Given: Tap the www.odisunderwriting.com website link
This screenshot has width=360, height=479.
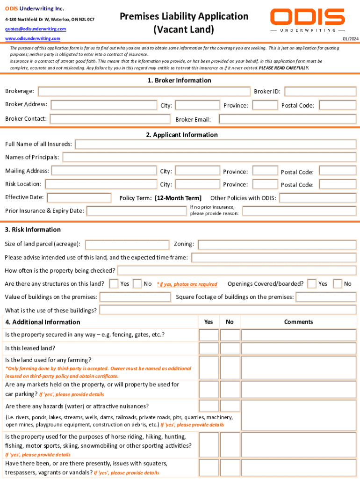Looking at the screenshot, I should coord(32,38).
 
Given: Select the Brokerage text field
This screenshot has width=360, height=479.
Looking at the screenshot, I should coord(144,92).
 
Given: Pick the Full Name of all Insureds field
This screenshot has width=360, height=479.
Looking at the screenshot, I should coord(216,144).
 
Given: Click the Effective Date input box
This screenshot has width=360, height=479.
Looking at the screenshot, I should coord(79,198).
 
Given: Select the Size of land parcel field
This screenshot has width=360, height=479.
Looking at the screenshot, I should coord(127,244).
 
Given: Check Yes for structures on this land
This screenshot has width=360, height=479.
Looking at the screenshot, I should coord(114,283).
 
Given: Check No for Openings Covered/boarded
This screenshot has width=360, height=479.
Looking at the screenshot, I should coord(337,283).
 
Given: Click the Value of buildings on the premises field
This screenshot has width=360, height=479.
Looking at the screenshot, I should coord(135,297).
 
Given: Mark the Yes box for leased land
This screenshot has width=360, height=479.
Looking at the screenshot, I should coord(209,348).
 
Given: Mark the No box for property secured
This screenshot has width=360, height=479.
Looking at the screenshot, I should coord(230,335).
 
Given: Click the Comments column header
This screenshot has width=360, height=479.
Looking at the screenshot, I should coord(298,322).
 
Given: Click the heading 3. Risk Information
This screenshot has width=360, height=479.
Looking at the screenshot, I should coord(33,230).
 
